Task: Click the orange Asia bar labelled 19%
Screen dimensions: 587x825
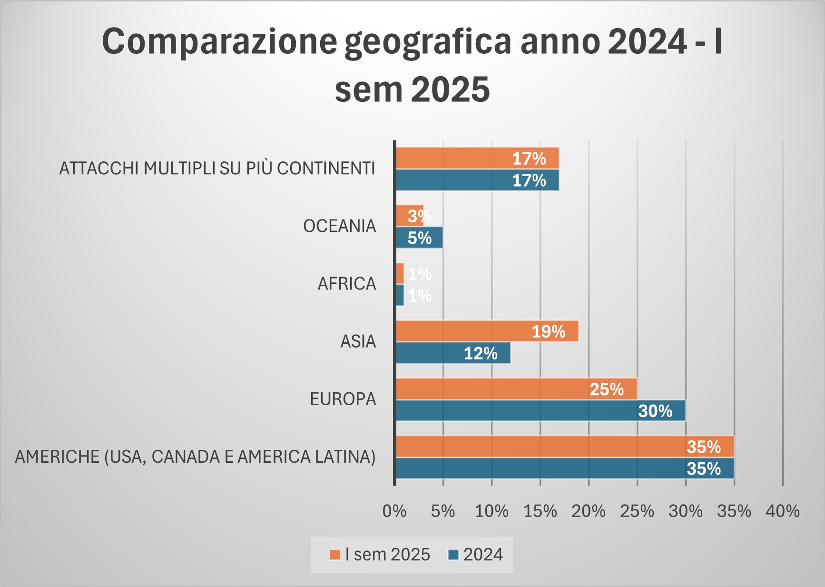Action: click(487, 331)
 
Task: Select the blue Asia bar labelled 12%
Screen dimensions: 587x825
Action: click(453, 353)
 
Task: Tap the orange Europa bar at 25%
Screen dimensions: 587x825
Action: click(516, 389)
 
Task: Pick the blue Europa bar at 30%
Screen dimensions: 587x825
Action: click(540, 411)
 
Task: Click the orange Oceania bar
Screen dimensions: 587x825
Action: click(409, 216)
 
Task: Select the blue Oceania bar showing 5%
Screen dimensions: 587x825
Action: click(419, 238)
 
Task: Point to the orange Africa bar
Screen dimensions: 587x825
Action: click(400, 274)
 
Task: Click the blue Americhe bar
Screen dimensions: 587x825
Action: click(565, 468)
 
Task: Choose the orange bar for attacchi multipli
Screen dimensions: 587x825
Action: click(477, 158)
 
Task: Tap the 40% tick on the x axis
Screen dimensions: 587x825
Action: click(782, 511)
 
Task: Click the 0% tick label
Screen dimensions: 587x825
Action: click(394, 511)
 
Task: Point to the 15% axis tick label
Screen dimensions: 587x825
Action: click(540, 511)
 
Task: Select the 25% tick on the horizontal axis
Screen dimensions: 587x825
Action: click(637, 511)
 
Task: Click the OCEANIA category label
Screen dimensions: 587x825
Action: click(339, 226)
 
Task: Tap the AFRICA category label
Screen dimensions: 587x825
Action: click(346, 284)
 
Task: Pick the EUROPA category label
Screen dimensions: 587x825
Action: click(343, 399)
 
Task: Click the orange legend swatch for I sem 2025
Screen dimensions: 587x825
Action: click(335, 555)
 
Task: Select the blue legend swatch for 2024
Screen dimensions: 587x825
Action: click(453, 555)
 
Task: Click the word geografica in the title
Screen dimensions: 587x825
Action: click(428, 42)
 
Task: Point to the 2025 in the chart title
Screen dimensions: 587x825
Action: click(451, 90)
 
